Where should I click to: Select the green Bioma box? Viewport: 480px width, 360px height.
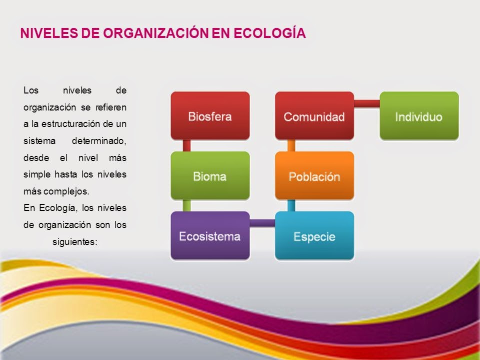pos(210,175)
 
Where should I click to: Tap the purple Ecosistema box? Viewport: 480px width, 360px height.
pos(210,235)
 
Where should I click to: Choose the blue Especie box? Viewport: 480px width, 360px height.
pos(314,235)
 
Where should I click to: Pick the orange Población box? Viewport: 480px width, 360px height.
pos(314,175)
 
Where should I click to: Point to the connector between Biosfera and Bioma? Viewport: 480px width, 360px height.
pos(187,145)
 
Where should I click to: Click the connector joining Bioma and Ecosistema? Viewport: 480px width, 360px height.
pos(187,205)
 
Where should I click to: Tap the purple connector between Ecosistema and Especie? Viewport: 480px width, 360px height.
pos(262,223)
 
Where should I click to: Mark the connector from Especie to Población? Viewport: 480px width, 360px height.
pos(291,205)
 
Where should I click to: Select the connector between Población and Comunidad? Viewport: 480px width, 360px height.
pos(291,145)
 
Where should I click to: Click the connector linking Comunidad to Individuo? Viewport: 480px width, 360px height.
pos(366,103)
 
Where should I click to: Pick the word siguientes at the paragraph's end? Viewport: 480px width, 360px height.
pos(74,241)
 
